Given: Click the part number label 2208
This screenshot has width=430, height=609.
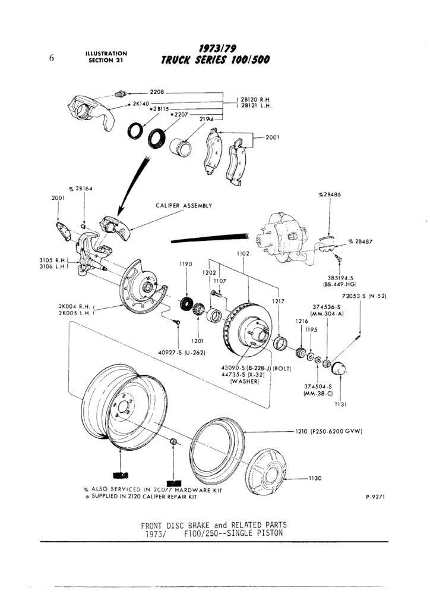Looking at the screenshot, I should coord(157,92).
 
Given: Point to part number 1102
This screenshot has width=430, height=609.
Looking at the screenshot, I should coord(243,253).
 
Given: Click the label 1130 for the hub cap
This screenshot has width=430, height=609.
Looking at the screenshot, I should coord(315,478).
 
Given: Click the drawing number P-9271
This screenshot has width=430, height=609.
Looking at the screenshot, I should coord(375,495).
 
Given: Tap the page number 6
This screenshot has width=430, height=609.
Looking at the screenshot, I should coord(52,58).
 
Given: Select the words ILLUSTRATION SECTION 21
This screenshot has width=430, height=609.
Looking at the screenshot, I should coord(106,56).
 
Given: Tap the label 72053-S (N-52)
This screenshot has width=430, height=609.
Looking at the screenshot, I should coord(364,296).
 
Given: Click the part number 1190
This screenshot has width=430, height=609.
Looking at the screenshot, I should coord(186,264).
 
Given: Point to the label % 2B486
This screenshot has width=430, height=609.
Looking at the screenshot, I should coord(330,194).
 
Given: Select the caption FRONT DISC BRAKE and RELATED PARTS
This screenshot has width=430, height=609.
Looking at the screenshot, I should coord(213,525).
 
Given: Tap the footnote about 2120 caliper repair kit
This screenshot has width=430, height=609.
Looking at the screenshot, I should coord(141,496).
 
